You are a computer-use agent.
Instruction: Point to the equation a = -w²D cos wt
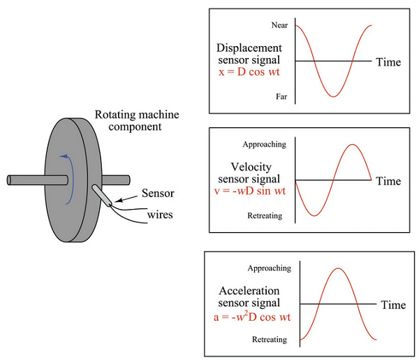[251, 317]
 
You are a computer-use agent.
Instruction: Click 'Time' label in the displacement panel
[388, 62]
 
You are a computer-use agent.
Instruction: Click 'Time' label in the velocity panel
[388, 181]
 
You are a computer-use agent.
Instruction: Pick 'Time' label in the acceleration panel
[393, 305]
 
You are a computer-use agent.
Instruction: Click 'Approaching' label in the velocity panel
[264, 145]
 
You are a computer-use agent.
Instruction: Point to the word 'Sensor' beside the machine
[158, 193]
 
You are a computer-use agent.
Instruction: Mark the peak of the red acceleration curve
[339, 268]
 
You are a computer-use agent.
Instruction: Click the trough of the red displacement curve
[334, 96]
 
